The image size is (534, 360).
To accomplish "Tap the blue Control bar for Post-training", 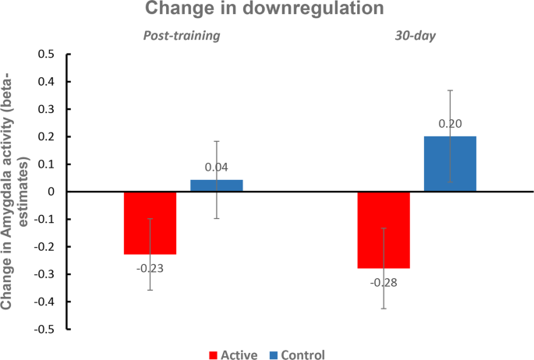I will tap(217, 185).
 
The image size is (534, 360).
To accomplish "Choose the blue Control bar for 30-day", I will tap(450, 164).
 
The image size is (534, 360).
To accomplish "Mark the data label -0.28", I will tap(384, 281).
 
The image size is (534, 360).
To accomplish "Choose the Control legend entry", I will tap(297, 355).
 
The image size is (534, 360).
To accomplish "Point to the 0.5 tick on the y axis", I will tap(47, 55).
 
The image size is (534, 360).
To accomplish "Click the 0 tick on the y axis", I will tap(50, 192).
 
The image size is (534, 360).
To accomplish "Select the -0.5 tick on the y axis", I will tap(44, 329).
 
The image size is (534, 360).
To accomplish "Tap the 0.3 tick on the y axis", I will tap(47, 109).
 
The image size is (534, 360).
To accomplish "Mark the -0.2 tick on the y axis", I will tap(44, 247).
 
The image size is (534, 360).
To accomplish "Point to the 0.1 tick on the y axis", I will tap(47, 164).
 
